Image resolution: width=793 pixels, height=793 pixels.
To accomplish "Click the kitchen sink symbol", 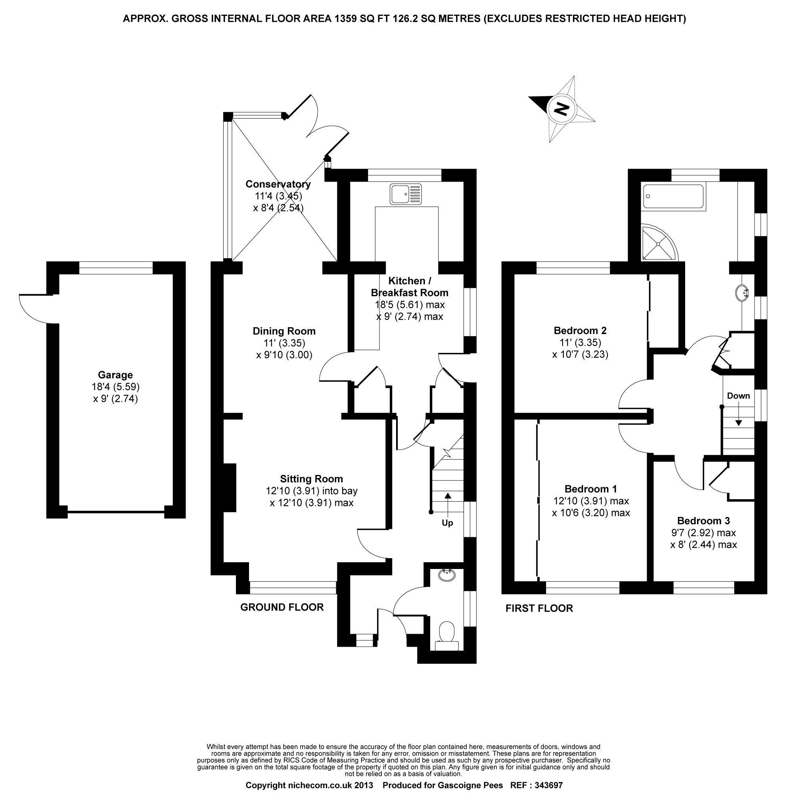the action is coord(406,194).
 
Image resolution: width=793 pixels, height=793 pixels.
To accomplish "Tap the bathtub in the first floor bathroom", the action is coord(674,196).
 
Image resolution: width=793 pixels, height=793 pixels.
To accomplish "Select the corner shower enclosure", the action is coord(658,243).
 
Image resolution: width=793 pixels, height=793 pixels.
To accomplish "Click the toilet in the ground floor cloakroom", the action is coord(446,635).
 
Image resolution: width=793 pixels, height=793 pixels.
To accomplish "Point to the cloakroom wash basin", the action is coord(446,575).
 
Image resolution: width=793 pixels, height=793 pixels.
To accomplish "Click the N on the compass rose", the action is coord(561,109).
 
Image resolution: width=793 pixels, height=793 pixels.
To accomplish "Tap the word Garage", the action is coord(115,375).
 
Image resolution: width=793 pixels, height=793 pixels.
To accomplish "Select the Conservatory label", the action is coord(278,184).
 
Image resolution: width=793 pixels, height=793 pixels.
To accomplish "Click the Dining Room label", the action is coord(284,331).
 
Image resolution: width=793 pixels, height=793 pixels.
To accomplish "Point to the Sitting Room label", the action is coord(312,479).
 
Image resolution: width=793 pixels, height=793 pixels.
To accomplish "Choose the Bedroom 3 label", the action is coord(703,521).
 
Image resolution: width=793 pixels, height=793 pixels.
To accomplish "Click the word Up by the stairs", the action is coord(447,523).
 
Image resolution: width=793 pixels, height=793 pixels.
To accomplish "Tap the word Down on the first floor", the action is coord(738,396).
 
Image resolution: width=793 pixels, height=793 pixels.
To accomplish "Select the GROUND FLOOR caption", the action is coord(282,607).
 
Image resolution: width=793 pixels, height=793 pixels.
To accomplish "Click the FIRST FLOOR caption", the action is coord(539,608).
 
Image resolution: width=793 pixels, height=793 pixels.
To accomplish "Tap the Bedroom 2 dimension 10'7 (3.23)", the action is coord(580,354).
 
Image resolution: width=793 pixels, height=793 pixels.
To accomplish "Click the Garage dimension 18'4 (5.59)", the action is coord(115,387).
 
